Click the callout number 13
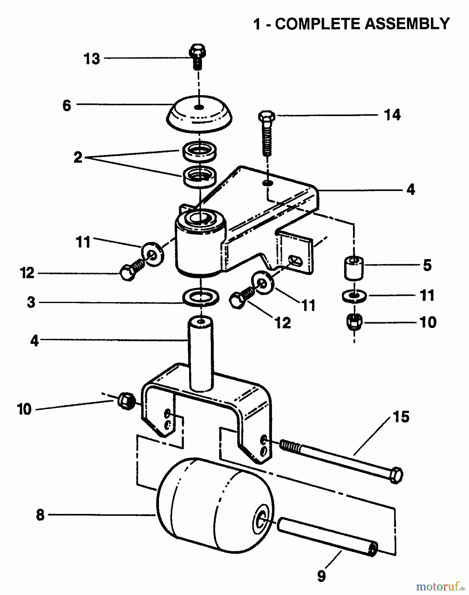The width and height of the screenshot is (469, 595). click(92, 59)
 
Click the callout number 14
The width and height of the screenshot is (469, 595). click(392, 115)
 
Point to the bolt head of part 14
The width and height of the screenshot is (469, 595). click(267, 116)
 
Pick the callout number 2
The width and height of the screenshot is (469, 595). click(78, 157)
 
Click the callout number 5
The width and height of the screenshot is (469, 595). click(427, 265)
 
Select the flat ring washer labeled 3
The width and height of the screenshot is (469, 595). click(201, 297)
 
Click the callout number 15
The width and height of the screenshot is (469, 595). click(401, 417)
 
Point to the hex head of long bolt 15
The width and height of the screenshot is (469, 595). click(396, 476)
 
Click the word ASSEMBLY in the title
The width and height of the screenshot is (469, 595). click(407, 24)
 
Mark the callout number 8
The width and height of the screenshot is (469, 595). click(40, 515)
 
